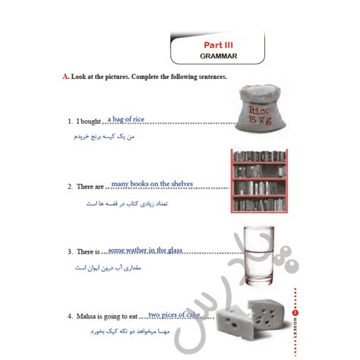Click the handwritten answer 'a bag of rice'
click(x=126, y=119)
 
